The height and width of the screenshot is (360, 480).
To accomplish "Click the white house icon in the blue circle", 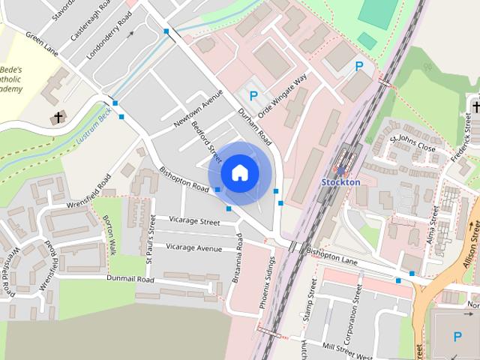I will [239, 172].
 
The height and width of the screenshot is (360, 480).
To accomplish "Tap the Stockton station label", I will [340, 182].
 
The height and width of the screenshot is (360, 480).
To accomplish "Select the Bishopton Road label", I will [183, 178].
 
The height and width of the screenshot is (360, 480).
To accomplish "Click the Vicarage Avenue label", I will [193, 247].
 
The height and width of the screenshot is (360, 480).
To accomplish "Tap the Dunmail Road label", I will [130, 279].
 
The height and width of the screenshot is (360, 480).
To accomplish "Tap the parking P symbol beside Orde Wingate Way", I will [253, 96].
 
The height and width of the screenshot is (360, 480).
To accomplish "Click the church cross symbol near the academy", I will [58, 118].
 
